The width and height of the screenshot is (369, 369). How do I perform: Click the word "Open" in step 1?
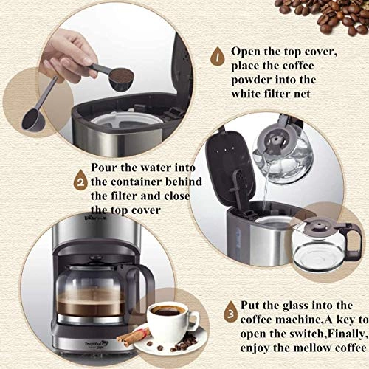247,52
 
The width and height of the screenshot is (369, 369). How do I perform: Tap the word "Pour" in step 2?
105,167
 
